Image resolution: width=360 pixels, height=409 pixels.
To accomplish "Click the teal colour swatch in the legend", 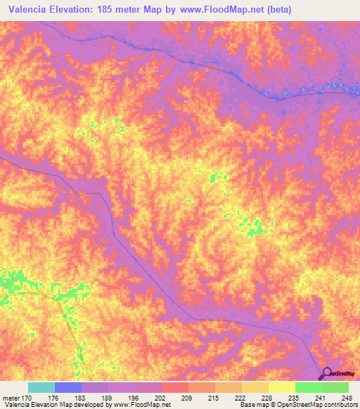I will click(41, 387).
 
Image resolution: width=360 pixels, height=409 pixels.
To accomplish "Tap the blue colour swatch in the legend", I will click(68, 387).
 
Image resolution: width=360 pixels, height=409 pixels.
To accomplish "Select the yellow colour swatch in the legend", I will click(282, 387).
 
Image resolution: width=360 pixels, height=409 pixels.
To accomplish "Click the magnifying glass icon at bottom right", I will click(326, 374).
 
